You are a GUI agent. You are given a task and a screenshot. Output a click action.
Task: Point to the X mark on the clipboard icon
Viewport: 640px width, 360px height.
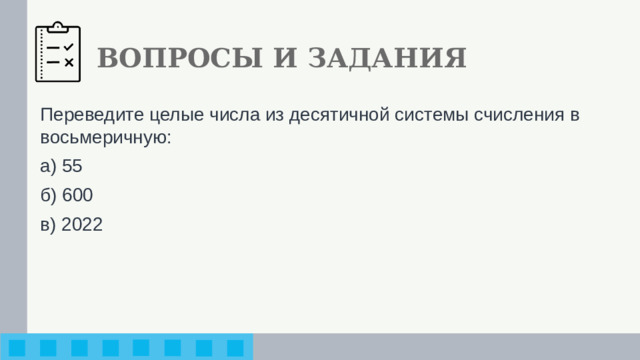tap(68, 62)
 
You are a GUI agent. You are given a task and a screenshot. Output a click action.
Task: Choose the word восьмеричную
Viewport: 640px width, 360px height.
tap(104, 137)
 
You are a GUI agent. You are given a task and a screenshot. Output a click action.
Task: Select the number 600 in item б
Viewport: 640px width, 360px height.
tap(77, 196)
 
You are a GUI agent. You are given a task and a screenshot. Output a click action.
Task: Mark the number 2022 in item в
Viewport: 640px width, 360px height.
tap(81, 225)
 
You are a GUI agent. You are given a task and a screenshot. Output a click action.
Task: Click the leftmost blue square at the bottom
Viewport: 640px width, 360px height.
tap(18, 348)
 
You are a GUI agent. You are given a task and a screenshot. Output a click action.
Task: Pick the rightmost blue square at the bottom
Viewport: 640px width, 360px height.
tap(235, 348)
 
